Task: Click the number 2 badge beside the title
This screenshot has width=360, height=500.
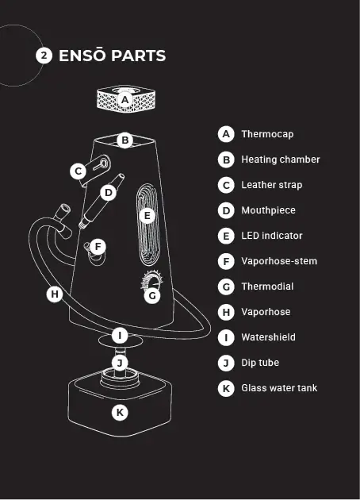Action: click(44, 56)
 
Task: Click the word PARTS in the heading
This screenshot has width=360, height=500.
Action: click(139, 56)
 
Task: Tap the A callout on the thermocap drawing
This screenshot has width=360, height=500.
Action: click(124, 100)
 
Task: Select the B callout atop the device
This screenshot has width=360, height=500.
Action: click(124, 140)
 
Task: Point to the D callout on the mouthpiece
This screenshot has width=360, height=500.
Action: click(109, 193)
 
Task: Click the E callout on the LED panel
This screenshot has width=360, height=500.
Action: click(147, 216)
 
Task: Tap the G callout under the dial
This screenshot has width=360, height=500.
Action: click(152, 296)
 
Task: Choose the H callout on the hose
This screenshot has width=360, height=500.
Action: click(55, 294)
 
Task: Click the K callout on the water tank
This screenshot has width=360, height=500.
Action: click(120, 413)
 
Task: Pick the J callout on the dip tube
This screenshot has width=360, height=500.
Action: click(120, 363)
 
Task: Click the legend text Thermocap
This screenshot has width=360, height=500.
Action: click(267, 134)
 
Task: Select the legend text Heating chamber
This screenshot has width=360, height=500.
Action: click(281, 160)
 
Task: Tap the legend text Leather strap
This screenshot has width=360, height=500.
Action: click(272, 185)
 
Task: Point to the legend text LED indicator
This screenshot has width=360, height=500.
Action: click(272, 236)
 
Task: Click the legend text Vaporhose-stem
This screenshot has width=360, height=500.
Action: click(279, 261)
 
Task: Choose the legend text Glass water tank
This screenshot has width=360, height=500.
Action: click(279, 388)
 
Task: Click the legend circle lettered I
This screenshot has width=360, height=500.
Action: click(226, 337)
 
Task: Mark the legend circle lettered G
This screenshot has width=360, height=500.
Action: click(226, 287)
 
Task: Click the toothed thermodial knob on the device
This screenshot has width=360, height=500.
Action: click(151, 280)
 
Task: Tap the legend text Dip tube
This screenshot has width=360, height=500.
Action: click(260, 363)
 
